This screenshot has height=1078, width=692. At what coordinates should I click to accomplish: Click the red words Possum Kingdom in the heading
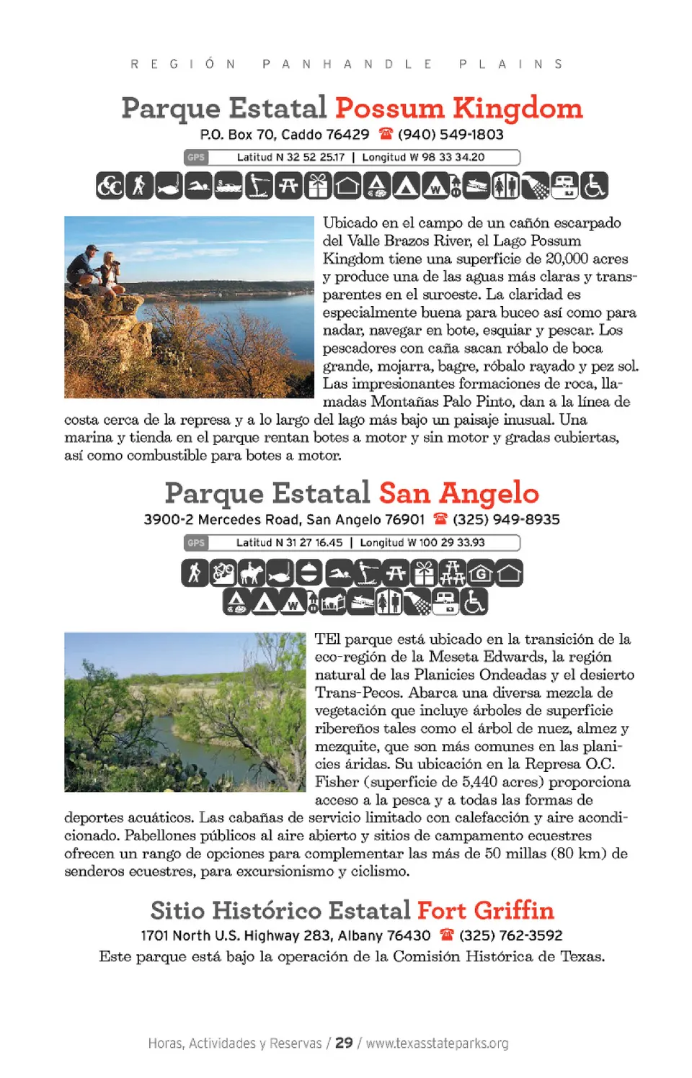click(x=458, y=108)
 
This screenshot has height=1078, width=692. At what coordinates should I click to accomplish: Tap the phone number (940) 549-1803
click(x=451, y=135)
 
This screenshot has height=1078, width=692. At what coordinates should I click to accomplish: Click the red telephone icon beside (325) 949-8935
click(x=440, y=518)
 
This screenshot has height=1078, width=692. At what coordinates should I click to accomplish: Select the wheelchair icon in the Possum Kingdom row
click(x=594, y=186)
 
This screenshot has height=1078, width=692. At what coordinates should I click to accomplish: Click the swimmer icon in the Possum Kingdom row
click(x=198, y=186)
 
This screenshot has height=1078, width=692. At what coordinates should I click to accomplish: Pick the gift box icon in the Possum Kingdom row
click(x=317, y=186)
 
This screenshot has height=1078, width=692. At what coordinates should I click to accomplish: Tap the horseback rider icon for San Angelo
click(x=252, y=573)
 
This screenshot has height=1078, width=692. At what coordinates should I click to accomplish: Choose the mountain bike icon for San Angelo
click(x=223, y=573)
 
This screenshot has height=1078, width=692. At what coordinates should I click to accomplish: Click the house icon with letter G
click(x=481, y=573)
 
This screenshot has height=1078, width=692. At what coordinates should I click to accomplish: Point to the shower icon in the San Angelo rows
click(x=417, y=601)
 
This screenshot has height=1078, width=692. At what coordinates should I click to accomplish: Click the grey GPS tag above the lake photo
click(x=196, y=157)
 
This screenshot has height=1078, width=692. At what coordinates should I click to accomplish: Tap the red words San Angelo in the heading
click(x=458, y=493)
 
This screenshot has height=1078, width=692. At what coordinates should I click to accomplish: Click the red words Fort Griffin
click(x=485, y=910)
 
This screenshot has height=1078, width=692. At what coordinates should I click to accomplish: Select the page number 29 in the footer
click(x=344, y=1043)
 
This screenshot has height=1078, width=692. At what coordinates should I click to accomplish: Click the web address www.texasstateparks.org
click(x=437, y=1043)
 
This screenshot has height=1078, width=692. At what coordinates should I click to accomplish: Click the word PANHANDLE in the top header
click(x=347, y=64)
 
